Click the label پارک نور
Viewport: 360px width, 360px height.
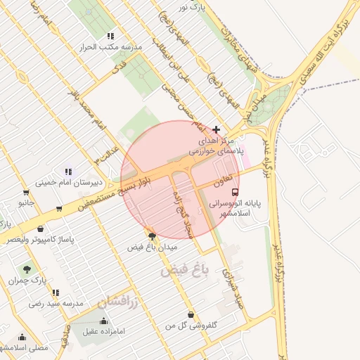point(195,8)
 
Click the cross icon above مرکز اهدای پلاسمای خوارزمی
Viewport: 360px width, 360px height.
point(216,130)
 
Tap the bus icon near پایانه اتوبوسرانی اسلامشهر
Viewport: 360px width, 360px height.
point(234,191)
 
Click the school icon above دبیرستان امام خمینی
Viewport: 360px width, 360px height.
point(68,171)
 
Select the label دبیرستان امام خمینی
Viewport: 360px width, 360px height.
point(60,182)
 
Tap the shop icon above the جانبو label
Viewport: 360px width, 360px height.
point(26,192)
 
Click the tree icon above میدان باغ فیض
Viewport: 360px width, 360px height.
point(153,236)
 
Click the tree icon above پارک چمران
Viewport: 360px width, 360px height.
point(27,269)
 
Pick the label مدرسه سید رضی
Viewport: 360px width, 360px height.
point(56,304)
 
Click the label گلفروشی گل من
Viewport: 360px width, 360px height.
point(191,326)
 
